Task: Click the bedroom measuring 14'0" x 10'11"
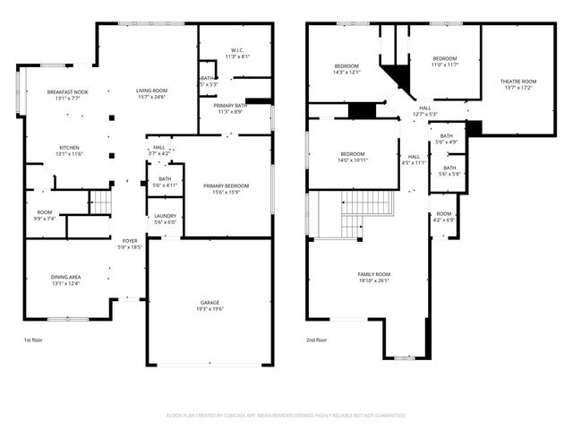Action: click(x=353, y=156)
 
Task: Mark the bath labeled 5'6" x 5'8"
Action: click(x=449, y=170)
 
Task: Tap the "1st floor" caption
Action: click(x=34, y=340)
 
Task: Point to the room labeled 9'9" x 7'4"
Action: click(x=45, y=215)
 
